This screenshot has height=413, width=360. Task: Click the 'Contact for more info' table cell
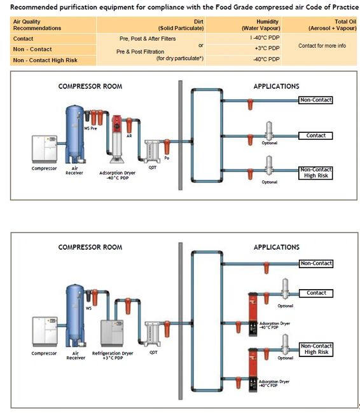point(322,46)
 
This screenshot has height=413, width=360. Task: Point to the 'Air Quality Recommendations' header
point(38,25)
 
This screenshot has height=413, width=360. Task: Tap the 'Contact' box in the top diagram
point(315,135)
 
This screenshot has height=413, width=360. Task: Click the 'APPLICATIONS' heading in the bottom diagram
point(276,247)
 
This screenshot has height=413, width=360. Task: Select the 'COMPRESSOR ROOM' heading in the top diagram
point(90,86)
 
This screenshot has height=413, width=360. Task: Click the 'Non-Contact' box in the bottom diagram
point(316,263)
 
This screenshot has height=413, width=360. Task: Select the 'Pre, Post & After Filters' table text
point(148,39)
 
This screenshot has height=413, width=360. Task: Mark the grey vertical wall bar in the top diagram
point(180,137)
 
